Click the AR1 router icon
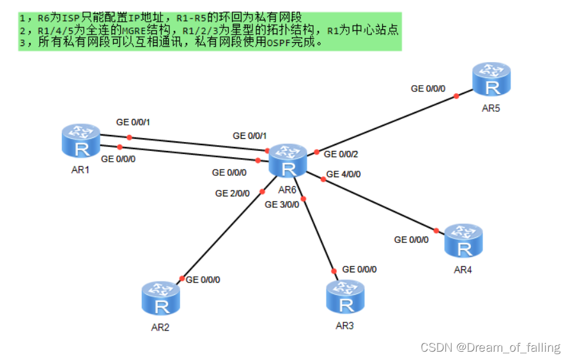(82, 141)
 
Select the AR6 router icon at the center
(288, 160)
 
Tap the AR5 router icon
(491, 79)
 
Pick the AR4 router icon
(463, 240)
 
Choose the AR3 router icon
(345, 297)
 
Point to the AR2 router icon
(161, 299)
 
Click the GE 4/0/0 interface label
(343, 174)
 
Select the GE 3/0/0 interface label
(282, 205)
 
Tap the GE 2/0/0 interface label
(233, 193)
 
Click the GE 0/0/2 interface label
(341, 154)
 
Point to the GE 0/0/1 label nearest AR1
(133, 121)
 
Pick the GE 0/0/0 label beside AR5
(428, 89)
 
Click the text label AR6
(288, 190)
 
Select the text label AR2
(160, 327)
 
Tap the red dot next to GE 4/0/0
(323, 180)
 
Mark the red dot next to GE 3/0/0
(304, 199)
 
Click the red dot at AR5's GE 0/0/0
(456, 96)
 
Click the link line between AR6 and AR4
(380, 205)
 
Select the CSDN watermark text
(491, 348)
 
